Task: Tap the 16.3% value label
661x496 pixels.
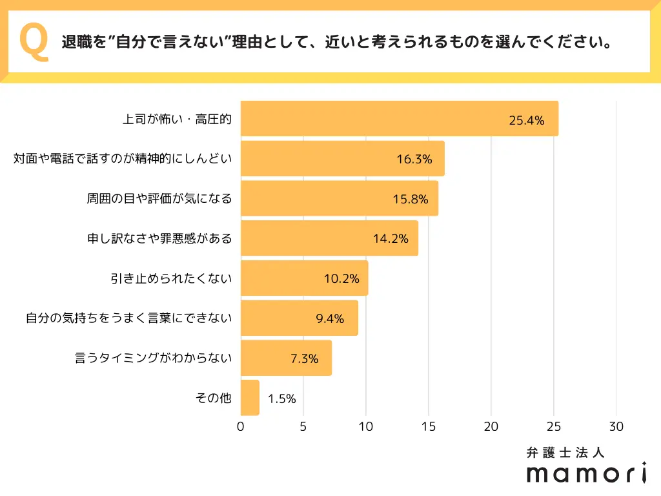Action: (414, 159)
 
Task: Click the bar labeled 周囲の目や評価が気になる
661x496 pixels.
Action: (339, 198)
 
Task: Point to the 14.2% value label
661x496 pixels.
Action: (391, 238)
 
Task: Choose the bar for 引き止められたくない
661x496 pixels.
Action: (304, 278)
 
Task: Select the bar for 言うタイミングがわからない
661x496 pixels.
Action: (286, 358)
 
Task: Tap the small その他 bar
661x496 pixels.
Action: (250, 398)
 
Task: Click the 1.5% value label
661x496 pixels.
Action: (281, 398)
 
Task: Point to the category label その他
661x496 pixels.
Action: (213, 398)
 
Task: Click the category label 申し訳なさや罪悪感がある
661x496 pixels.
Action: (159, 238)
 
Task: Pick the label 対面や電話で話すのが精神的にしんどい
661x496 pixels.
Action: (123, 159)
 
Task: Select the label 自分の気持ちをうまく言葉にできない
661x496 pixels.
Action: (128, 318)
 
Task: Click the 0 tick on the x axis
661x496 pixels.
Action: (241, 427)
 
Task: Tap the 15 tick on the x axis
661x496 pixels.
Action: (429, 427)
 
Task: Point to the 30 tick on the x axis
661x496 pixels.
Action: (616, 427)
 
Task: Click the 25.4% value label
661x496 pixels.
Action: (527, 119)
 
